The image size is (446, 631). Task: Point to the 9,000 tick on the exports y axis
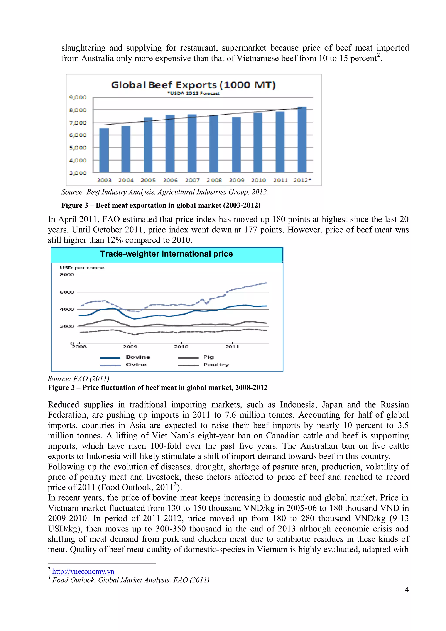click(78, 97)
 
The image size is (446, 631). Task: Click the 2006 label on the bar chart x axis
click(170, 180)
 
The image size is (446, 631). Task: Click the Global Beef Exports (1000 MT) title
click(193, 85)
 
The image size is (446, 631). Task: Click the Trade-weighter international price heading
click(167, 254)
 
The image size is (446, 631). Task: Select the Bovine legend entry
click(138, 357)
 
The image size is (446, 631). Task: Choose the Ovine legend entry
click(136, 365)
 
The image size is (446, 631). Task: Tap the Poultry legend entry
click(216, 365)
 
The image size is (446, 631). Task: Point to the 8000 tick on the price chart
click(67, 274)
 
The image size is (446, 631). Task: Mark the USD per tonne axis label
click(82, 268)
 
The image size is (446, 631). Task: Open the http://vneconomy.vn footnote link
click(83, 572)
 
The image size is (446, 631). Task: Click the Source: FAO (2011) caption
click(79, 379)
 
